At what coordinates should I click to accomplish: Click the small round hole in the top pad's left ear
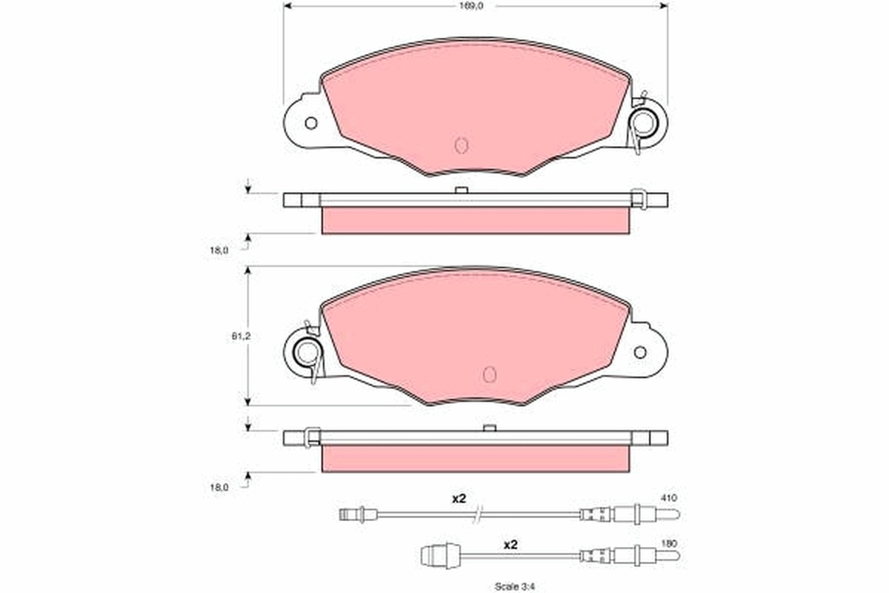pos(310,123)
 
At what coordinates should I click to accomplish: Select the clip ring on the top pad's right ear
pos(642,122)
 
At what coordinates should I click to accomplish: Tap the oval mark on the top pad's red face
pos(461,145)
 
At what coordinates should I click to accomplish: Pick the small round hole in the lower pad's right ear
pos(639,352)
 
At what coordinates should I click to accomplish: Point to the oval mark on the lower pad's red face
pos(489,374)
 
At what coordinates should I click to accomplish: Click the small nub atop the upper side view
pos(460,191)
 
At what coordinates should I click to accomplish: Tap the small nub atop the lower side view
pos(488,428)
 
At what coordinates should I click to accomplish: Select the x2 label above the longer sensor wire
pos(459,499)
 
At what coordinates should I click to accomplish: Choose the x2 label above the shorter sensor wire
pos(510,545)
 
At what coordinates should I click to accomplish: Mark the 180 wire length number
pos(669,543)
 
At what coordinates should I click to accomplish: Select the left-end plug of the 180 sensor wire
pos(435,554)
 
